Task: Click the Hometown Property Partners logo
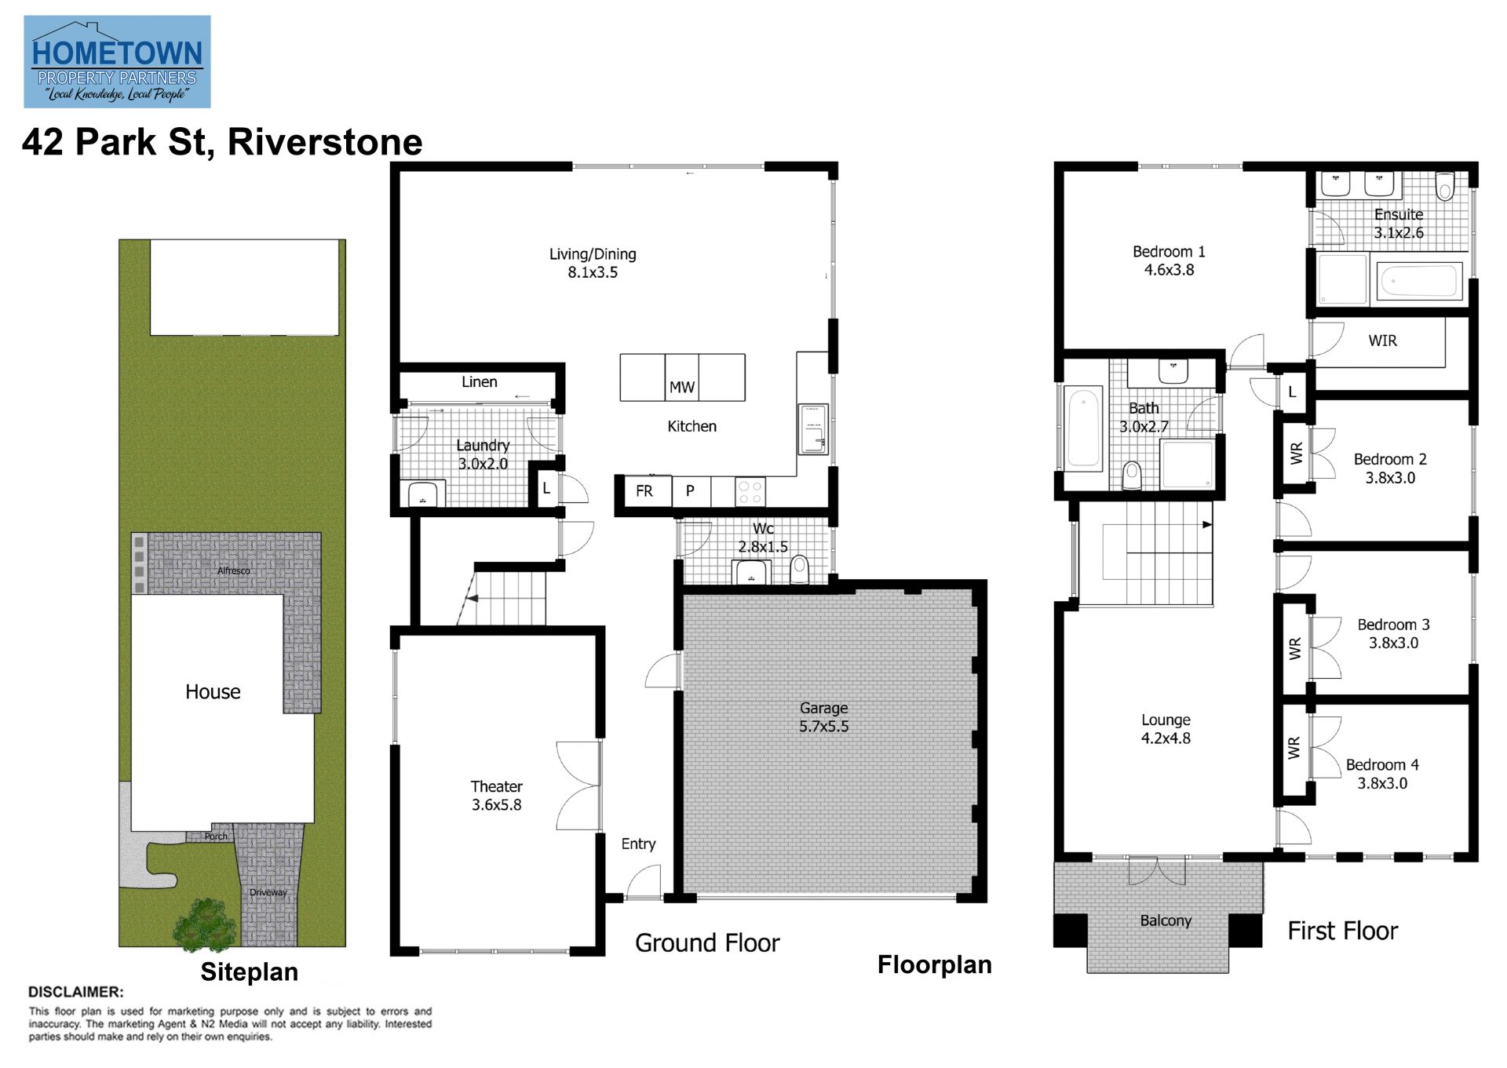117,61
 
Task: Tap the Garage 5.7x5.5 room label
823,717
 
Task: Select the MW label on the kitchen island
681,387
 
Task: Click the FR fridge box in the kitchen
644,491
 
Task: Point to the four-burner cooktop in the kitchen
750,492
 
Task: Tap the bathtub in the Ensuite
1419,280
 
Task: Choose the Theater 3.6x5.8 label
496,795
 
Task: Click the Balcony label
1166,920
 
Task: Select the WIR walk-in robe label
1382,341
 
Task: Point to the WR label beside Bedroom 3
1294,648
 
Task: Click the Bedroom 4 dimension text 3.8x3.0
1382,783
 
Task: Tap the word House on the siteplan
213,691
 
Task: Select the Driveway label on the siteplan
268,892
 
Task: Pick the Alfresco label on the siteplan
234,570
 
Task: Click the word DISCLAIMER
75,992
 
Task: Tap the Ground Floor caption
707,942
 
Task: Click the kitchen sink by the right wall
813,429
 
